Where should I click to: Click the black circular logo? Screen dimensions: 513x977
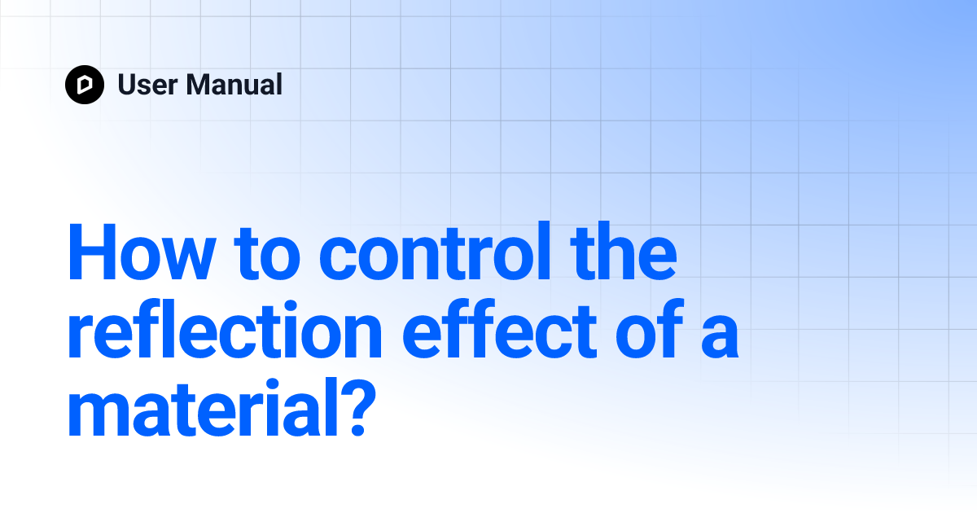tap(85, 85)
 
